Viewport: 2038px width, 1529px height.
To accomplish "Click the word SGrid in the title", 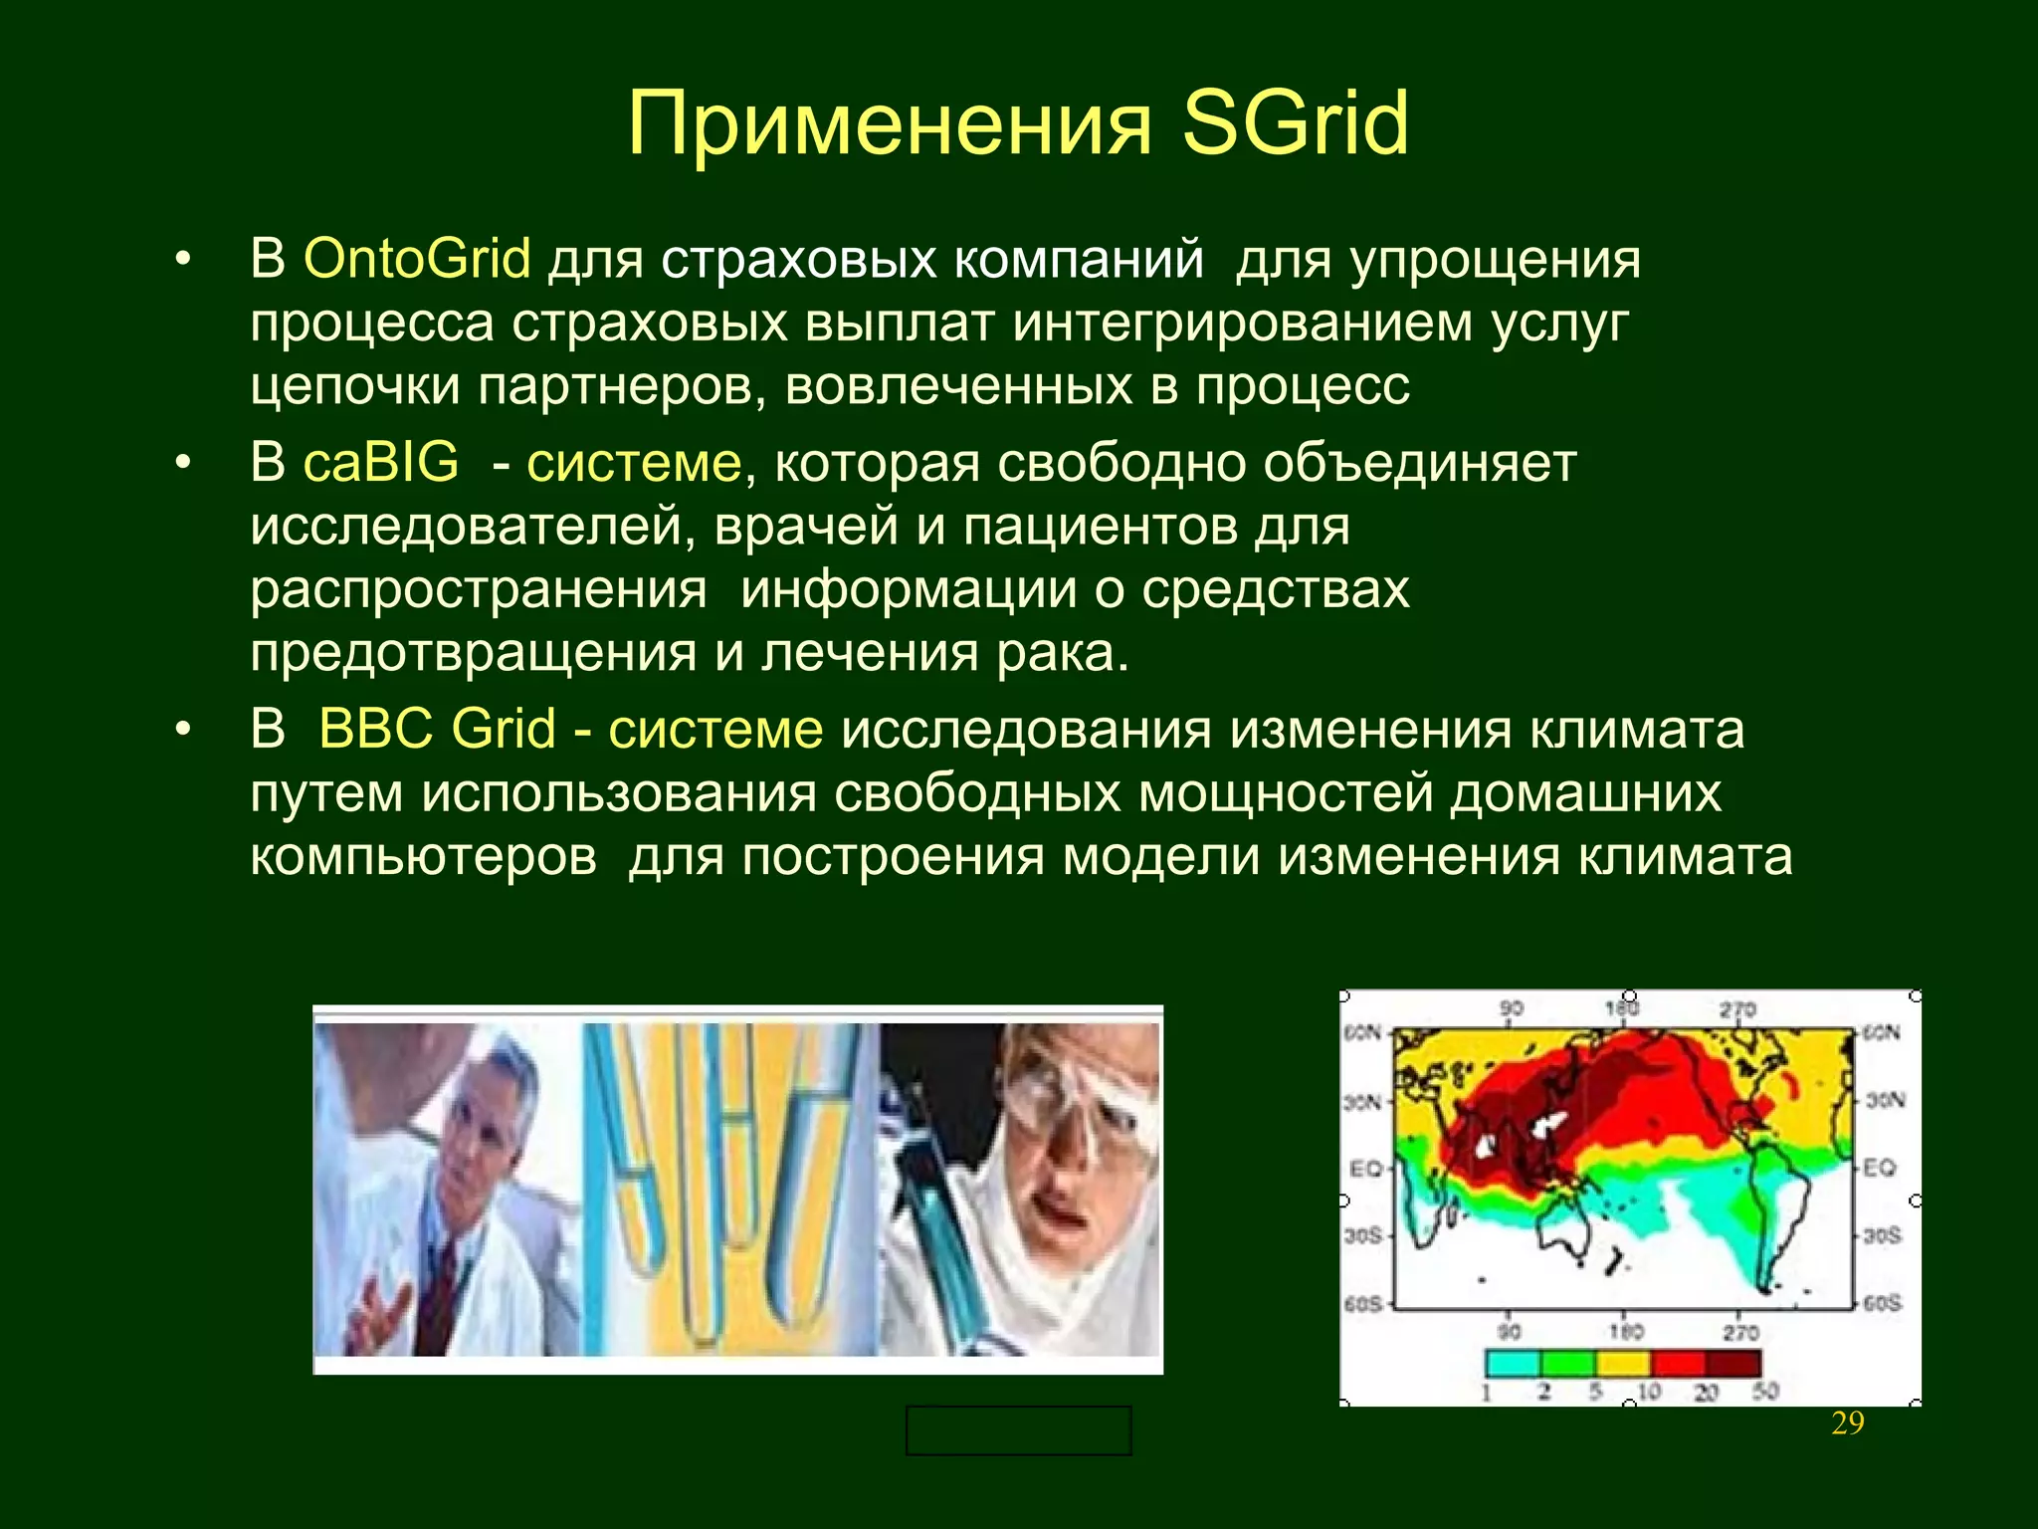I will point(1296,123).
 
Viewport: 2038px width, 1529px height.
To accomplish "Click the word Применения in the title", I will point(890,123).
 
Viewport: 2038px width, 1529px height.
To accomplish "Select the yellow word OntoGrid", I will point(417,259).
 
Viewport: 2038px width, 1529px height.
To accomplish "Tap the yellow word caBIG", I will point(381,463).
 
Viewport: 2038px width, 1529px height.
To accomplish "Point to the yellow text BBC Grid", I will point(437,729).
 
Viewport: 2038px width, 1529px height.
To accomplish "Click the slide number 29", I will point(1847,1423).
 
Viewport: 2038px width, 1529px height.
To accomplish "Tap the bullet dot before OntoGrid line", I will point(181,261).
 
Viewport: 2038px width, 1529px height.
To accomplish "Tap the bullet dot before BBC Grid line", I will point(181,731).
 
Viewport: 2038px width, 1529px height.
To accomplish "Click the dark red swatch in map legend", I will point(1733,1363).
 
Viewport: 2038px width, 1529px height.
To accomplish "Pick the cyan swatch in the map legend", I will point(1512,1363).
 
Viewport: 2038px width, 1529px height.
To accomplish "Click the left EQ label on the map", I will point(1364,1168).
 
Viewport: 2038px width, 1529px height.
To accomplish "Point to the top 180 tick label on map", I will point(1621,1009).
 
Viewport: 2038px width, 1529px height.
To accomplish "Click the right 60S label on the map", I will point(1882,1303).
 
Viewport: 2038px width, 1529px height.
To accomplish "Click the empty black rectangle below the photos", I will point(1018,1430).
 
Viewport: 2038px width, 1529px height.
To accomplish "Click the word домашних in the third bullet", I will point(1585,793).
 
